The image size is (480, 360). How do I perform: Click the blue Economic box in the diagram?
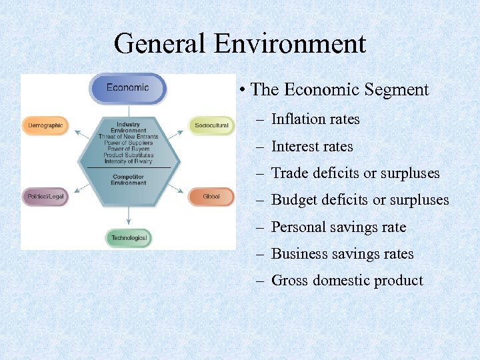[x=127, y=88]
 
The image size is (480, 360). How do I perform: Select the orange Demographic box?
[x=45, y=125]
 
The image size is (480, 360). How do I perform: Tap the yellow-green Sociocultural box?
[x=211, y=125]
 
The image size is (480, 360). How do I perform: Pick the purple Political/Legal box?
[x=45, y=197]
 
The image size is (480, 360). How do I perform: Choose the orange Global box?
[x=211, y=197]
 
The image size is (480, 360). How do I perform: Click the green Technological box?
[x=129, y=238]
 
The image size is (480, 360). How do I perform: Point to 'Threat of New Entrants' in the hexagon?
[x=128, y=137]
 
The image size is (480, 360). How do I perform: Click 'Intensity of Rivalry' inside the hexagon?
[x=128, y=161]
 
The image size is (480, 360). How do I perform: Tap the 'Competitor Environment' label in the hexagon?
[x=128, y=180]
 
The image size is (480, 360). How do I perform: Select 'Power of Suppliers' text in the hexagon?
[x=128, y=143]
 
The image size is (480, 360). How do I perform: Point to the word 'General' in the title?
[x=159, y=44]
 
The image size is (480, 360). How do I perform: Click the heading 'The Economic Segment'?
[x=340, y=90]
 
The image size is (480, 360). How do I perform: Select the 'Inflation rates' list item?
[x=315, y=119]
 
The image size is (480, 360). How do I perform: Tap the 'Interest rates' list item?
[x=312, y=147]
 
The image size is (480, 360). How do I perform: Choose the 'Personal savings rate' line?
[x=339, y=227]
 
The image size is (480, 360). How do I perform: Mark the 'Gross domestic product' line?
[x=347, y=281]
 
